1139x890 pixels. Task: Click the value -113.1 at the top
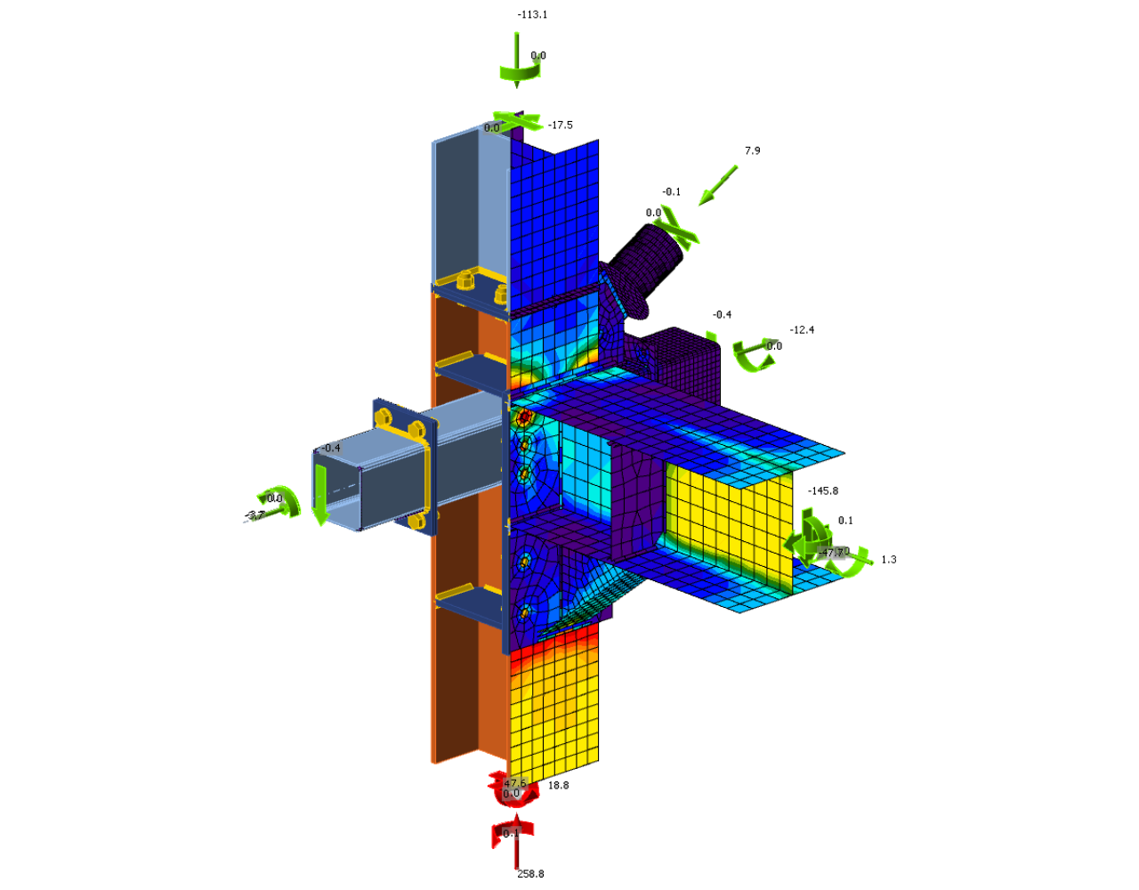[x=532, y=15]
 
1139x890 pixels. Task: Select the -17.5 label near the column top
[x=561, y=125]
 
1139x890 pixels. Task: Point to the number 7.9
[x=753, y=151]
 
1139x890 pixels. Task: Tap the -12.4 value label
[x=802, y=330]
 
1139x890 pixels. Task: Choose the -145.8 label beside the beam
[x=823, y=491]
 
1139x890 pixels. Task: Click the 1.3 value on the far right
[x=889, y=560]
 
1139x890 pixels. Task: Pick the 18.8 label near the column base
[x=558, y=786]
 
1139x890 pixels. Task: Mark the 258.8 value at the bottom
[x=530, y=874]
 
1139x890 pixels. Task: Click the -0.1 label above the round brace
[x=671, y=192]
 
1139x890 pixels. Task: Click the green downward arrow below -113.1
[x=516, y=59]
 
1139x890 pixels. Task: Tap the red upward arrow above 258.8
[x=515, y=841]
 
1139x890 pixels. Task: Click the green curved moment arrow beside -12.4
[x=753, y=355]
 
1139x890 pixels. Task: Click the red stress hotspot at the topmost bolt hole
[x=524, y=417]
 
